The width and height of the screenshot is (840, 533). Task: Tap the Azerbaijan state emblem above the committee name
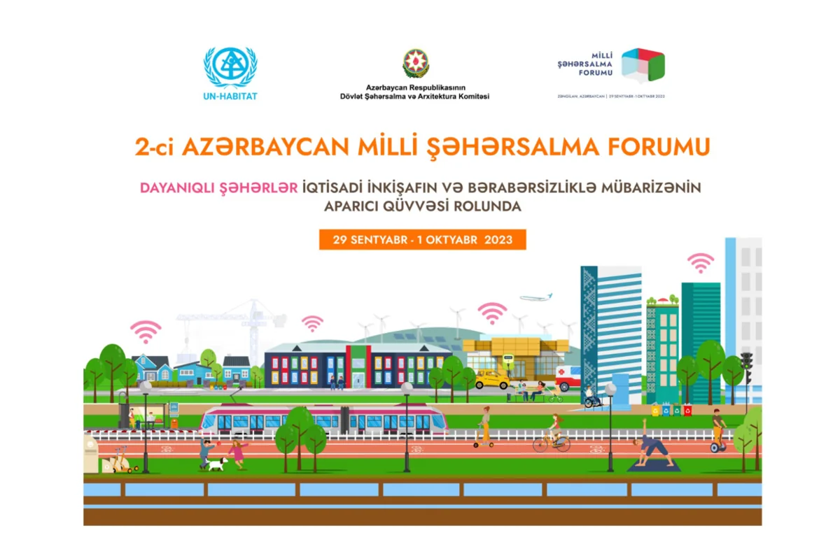click(415, 64)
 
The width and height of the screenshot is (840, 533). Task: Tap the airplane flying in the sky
click(535, 297)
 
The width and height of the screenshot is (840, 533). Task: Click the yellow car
click(492, 380)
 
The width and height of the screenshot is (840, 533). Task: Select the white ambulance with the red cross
click(568, 378)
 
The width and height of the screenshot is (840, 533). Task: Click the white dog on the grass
click(216, 463)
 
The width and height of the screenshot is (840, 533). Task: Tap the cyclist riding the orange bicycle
click(553, 434)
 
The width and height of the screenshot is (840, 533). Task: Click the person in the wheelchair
click(591, 398)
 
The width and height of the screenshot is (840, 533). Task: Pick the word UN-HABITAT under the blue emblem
click(230, 96)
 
